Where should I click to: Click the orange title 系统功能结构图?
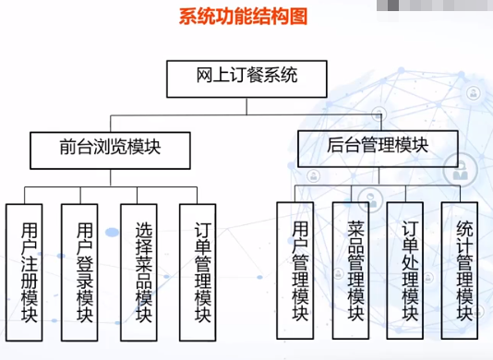point(243,17)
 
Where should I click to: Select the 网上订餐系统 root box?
point(246,78)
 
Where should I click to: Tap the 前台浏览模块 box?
point(111,150)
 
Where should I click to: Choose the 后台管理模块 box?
point(378,149)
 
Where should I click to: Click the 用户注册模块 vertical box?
point(24,272)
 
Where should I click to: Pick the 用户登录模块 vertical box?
point(79,272)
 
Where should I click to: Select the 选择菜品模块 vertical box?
point(138,272)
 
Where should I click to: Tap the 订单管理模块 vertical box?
point(198,272)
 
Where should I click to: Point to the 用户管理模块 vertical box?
point(295,270)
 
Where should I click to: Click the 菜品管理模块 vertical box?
point(351,270)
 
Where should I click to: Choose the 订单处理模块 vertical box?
point(405,270)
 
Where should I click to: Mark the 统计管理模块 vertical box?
point(460,270)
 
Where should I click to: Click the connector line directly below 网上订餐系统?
point(246,106)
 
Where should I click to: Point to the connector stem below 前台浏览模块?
point(111,178)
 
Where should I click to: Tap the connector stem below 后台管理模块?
point(379,175)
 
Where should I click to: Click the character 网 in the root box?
point(205,75)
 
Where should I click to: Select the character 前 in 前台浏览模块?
point(68,147)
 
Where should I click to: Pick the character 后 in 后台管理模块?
point(335,145)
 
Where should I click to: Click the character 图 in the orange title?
point(299,17)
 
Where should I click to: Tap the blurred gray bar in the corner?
point(435,6)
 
